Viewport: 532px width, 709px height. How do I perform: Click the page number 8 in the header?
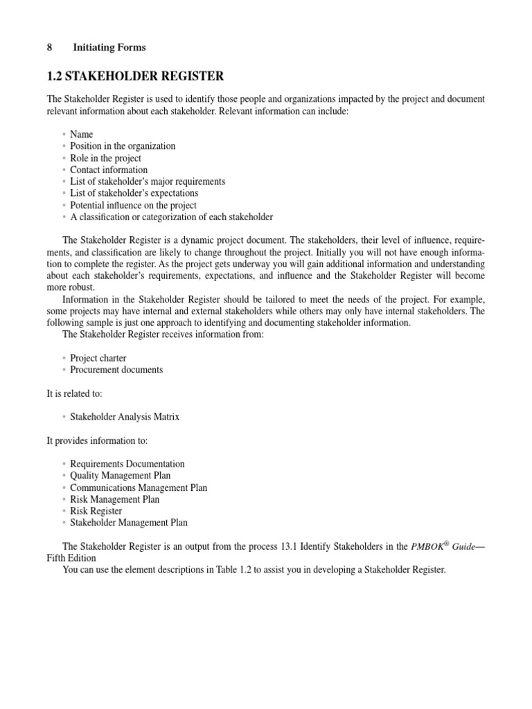coord(49,47)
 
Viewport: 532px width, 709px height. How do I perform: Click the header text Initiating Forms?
coord(109,47)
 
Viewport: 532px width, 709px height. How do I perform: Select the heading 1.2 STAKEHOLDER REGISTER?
coord(135,75)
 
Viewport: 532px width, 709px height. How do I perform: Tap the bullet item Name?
coord(81,134)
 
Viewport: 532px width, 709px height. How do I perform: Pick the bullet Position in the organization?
coord(123,146)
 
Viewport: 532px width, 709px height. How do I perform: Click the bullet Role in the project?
coord(105,158)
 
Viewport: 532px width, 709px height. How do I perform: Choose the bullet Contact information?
coord(109,170)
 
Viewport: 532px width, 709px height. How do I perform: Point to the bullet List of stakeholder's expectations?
coord(134,193)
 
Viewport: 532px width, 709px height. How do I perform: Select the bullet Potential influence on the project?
coord(133,205)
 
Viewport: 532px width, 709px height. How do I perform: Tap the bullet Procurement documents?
coord(116,370)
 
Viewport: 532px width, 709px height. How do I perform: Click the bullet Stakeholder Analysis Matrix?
coord(125,417)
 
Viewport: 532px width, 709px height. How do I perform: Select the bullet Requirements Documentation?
coord(127,464)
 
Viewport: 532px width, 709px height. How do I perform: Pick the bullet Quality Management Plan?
coord(120,476)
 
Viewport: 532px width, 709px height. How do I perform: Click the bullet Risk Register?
coord(96,511)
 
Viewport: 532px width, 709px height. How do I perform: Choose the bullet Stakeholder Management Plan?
coord(129,523)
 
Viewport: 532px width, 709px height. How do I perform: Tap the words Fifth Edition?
coord(71,558)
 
